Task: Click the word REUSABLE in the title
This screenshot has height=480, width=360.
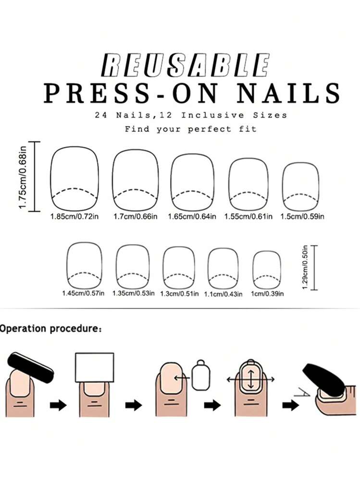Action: [186, 65]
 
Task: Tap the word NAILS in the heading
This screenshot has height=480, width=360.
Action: [288, 93]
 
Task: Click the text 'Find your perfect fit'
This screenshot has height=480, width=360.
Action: [190, 129]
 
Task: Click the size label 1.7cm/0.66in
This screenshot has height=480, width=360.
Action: [136, 216]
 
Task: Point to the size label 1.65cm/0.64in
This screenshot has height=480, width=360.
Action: [192, 216]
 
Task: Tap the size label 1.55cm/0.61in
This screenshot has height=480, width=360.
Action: [248, 216]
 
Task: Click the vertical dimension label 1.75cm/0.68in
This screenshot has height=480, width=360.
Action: [23, 177]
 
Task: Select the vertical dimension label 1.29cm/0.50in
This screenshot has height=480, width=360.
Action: [305, 267]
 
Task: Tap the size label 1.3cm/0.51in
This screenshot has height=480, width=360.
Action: [179, 294]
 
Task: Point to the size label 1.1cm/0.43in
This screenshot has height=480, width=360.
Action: [223, 294]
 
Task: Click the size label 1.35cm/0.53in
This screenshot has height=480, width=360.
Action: [134, 293]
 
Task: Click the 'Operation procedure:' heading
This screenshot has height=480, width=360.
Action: [50, 329]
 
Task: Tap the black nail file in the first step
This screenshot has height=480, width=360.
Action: [31, 368]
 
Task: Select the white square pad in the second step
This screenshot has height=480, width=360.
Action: [95, 368]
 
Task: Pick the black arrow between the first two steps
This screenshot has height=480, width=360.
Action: [58, 406]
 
